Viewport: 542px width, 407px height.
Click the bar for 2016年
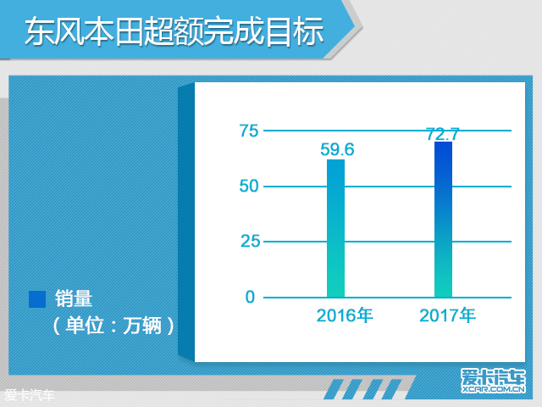coord(335,228)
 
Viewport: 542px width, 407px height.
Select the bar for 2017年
coord(443,220)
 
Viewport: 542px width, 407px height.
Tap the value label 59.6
coord(337,149)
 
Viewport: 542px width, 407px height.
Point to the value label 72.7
coord(442,134)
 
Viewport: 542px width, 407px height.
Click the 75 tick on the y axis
coord(249,131)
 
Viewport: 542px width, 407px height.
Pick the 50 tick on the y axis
coord(249,187)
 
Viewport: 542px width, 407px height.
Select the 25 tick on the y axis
coord(250,241)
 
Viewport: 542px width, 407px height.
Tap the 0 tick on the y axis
coord(250,297)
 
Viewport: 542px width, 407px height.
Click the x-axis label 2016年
coord(345,315)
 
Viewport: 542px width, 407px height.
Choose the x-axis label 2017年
coord(447,315)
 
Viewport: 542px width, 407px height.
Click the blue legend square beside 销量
coord(37,299)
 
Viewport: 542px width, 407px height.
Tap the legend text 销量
coord(74,298)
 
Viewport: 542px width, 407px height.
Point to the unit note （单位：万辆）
coord(113,326)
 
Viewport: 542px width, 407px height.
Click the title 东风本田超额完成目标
coord(174,31)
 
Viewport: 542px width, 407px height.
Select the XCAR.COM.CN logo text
coord(494,389)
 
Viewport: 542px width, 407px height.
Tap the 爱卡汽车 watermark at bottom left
coord(30,395)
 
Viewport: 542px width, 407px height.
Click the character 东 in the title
coord(40,31)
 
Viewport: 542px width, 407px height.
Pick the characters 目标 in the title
coord(294,31)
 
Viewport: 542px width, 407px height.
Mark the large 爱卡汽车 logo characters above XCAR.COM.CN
coord(493,376)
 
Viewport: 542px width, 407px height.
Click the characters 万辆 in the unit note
coord(142,326)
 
